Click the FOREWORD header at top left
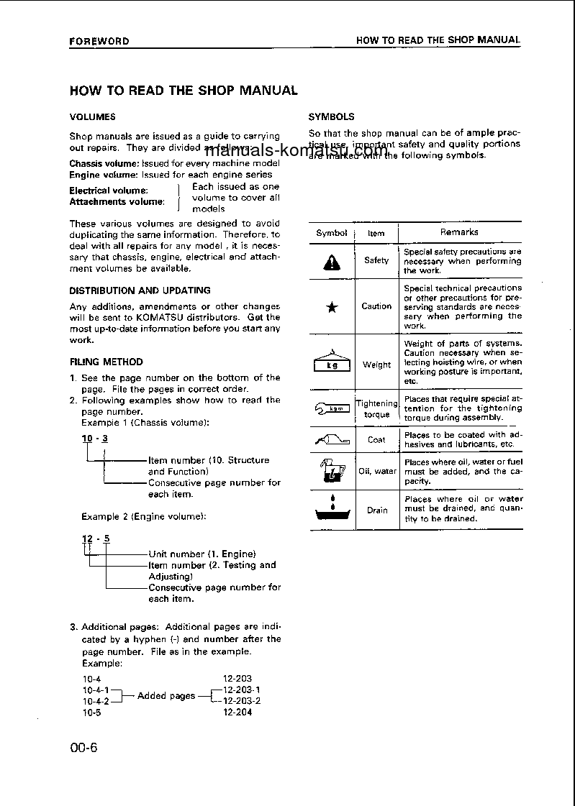point(99,41)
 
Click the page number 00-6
point(83,747)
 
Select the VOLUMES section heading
point(92,116)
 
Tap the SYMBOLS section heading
point(331,116)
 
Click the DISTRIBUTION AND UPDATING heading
point(140,290)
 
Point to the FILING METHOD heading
point(106,362)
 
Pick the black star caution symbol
point(332,308)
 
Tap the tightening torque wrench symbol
point(332,409)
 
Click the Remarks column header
point(459,232)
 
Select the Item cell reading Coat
point(376,439)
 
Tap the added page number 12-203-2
point(242,700)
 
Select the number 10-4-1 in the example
point(96,690)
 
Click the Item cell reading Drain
point(377,510)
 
